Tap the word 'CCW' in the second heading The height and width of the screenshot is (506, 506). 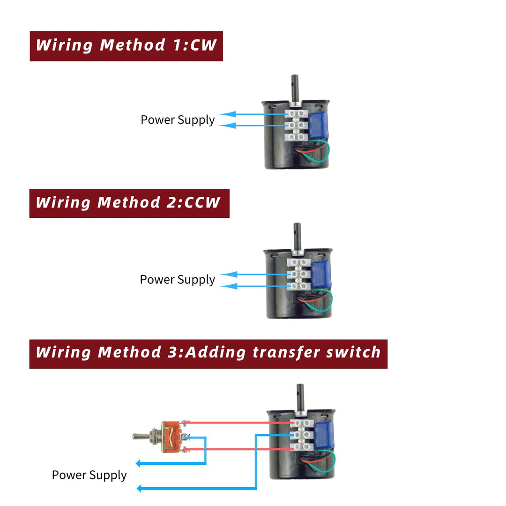click(x=202, y=203)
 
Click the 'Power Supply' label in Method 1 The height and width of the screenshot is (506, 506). click(x=178, y=120)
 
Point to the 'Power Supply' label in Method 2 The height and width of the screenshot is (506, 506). click(x=177, y=280)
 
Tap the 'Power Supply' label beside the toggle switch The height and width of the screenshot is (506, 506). click(x=89, y=475)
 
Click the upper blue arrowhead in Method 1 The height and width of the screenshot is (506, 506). click(x=226, y=114)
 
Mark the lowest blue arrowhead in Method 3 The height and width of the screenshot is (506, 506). click(x=140, y=489)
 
